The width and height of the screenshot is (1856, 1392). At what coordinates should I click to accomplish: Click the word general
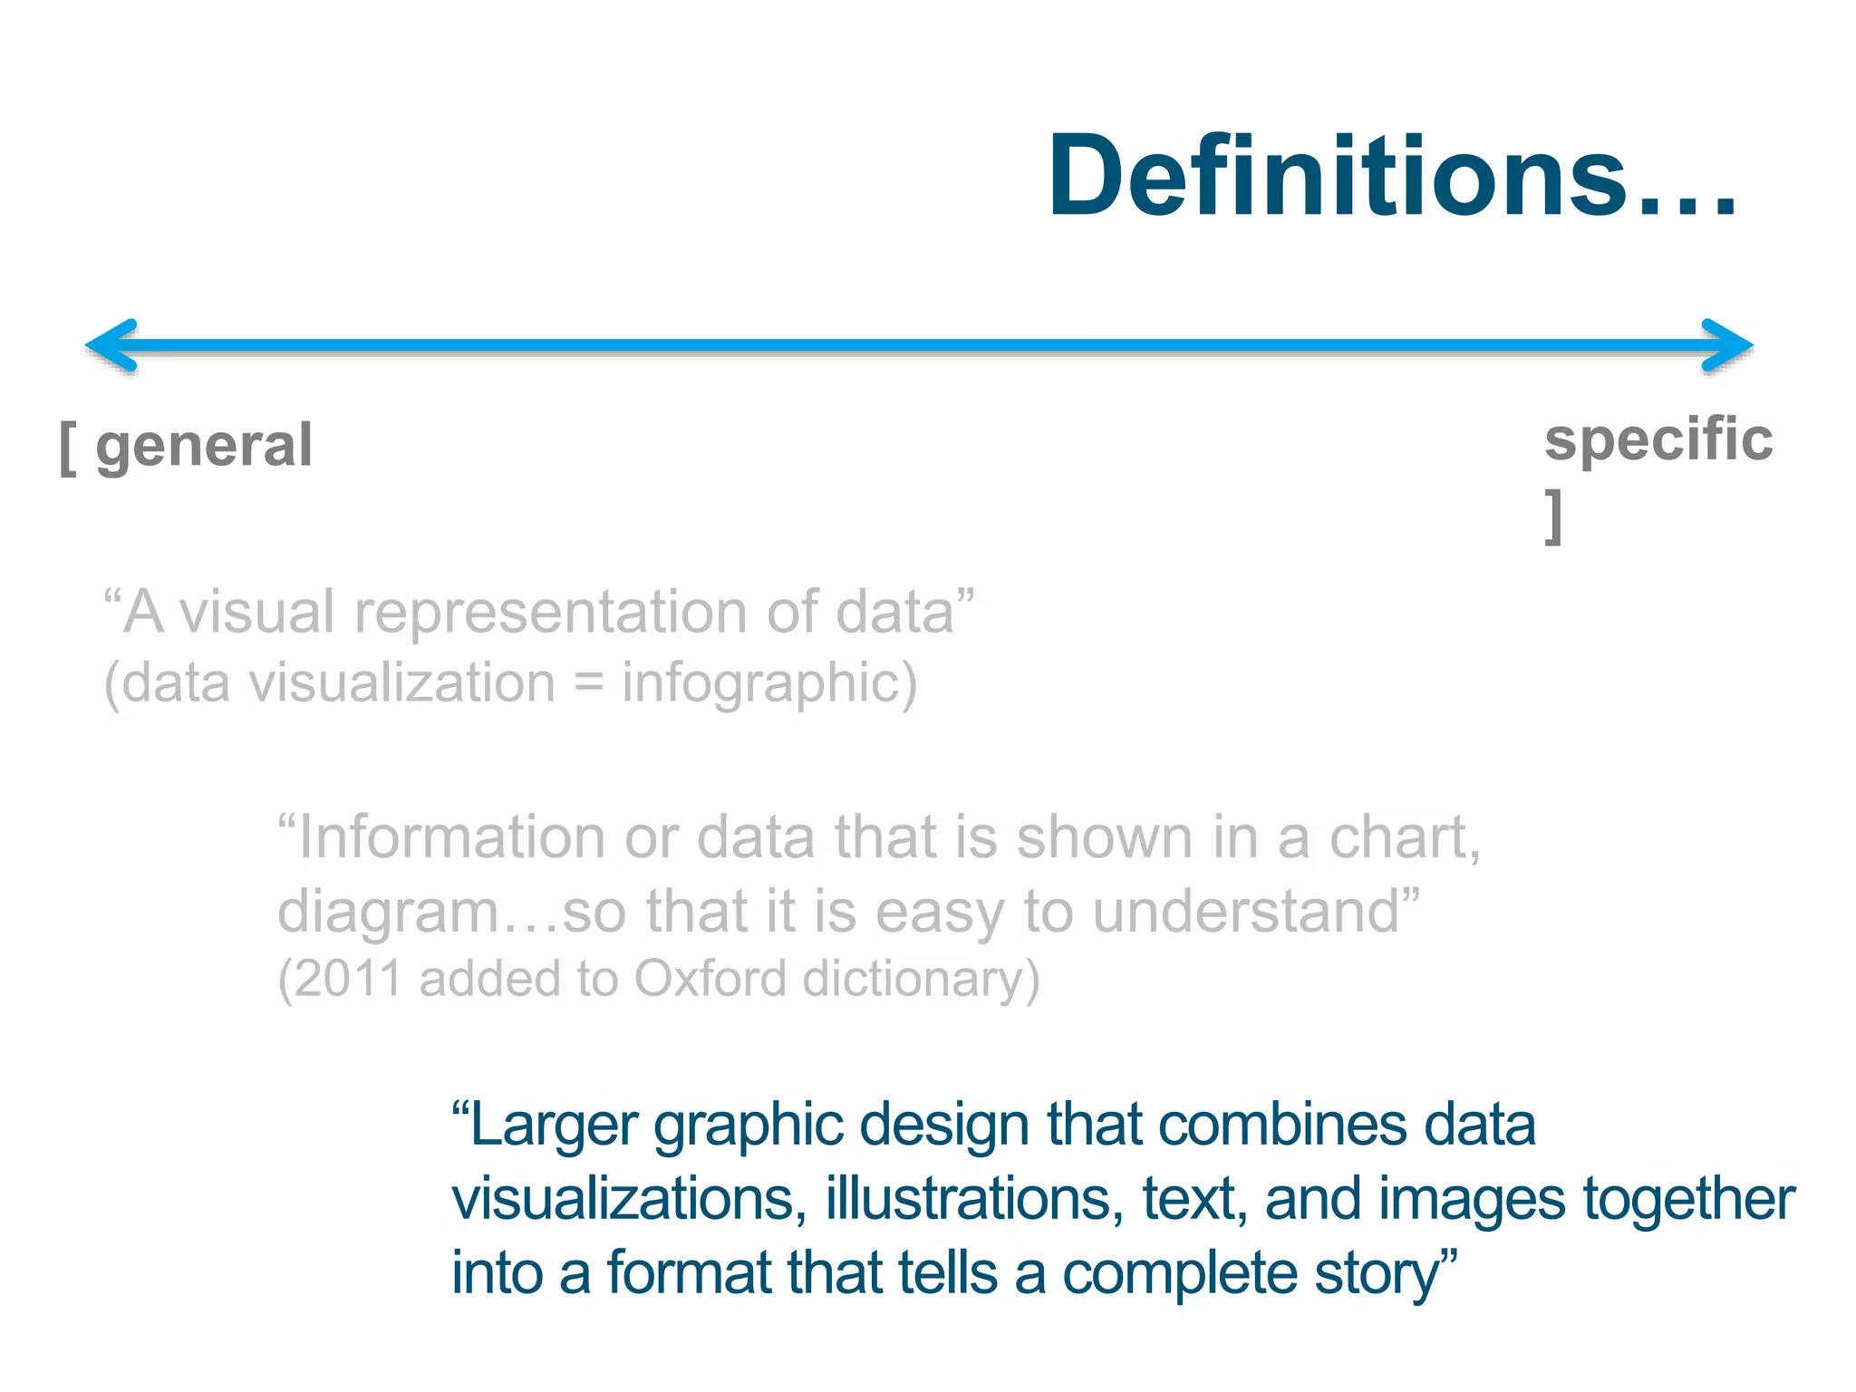[204, 446]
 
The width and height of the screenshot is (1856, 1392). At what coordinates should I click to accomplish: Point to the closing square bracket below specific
[1554, 517]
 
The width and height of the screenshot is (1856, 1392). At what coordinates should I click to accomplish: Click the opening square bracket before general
[68, 448]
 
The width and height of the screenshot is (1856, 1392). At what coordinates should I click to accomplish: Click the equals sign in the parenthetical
[589, 682]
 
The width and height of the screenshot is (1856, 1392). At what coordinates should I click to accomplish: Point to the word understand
[1246, 911]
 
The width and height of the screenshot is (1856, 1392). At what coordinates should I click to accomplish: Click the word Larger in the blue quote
[555, 1126]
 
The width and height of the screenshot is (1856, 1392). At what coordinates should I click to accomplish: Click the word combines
[1281, 1126]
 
